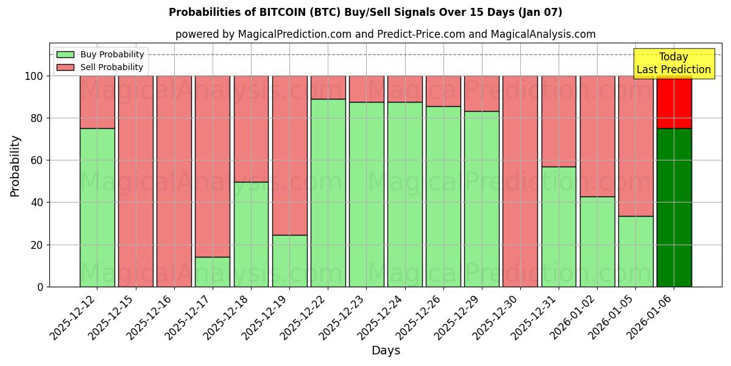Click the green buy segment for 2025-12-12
(97, 207)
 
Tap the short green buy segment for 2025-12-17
(213, 271)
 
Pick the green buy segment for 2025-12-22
(328, 193)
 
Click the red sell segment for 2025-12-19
(289, 155)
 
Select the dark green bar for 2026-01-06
(674, 207)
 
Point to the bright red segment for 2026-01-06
(674, 102)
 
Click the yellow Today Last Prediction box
(674, 63)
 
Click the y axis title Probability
(15, 166)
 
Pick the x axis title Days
(386, 351)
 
